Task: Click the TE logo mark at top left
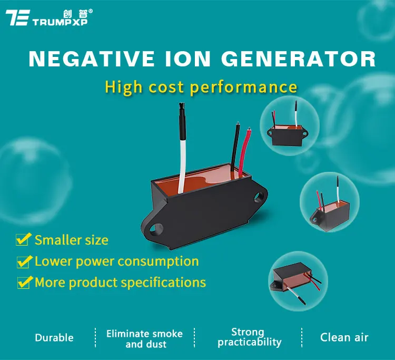coord(17,17)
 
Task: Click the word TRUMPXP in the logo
coord(60,22)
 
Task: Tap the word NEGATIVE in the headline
coord(91,59)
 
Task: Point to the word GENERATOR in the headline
coord(299,59)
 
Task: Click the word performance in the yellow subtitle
coord(244,87)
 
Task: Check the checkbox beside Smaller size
coord(23,239)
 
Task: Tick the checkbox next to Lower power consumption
coord(24,261)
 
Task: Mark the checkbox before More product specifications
coord(25,283)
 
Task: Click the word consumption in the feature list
coord(158,261)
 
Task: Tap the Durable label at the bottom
coord(54,338)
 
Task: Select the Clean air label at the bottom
coord(344,337)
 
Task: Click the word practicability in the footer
coord(250,343)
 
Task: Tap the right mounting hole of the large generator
coord(259,197)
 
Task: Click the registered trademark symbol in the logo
coord(91,11)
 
